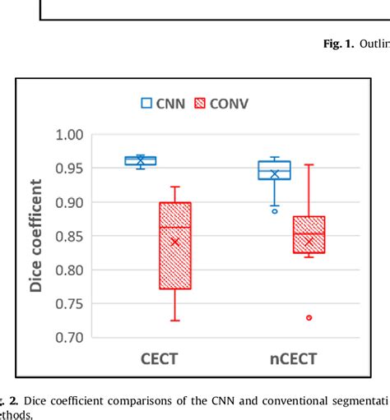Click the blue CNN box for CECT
pyautogui.click(x=140, y=160)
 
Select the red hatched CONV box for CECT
pyautogui.click(x=174, y=245)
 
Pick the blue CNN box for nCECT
pyautogui.click(x=274, y=170)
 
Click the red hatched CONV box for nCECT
pyautogui.click(x=309, y=234)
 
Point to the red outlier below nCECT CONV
pyautogui.click(x=309, y=317)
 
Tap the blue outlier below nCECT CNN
pyautogui.click(x=275, y=211)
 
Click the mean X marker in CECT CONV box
pyautogui.click(x=174, y=242)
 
